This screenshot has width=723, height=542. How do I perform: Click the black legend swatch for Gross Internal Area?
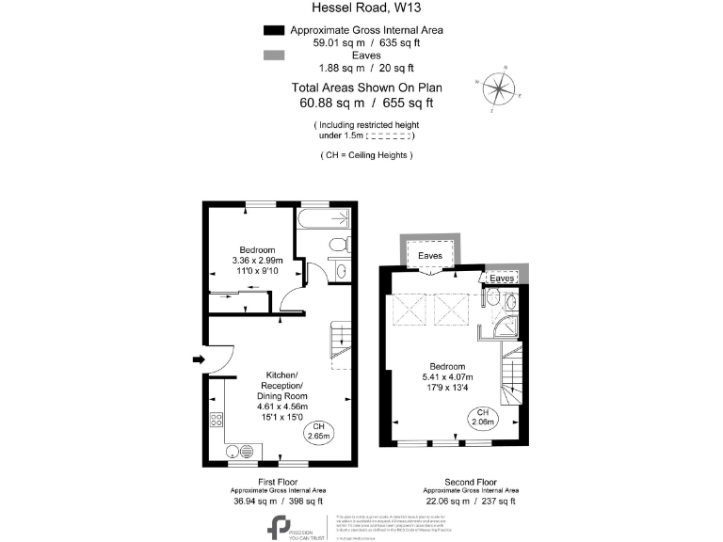tap(273, 30)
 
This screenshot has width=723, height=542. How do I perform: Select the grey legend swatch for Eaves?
tap(273, 55)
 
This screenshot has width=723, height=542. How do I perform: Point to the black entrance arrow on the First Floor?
tap(195, 359)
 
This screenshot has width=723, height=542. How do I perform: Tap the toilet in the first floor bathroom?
tap(338, 246)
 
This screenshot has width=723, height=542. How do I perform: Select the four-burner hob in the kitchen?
tap(217, 421)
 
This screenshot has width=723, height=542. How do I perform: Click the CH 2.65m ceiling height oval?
tap(319, 433)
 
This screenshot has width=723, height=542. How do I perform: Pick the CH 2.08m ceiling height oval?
tap(483, 418)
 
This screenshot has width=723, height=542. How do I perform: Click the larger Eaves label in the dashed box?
tap(430, 255)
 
